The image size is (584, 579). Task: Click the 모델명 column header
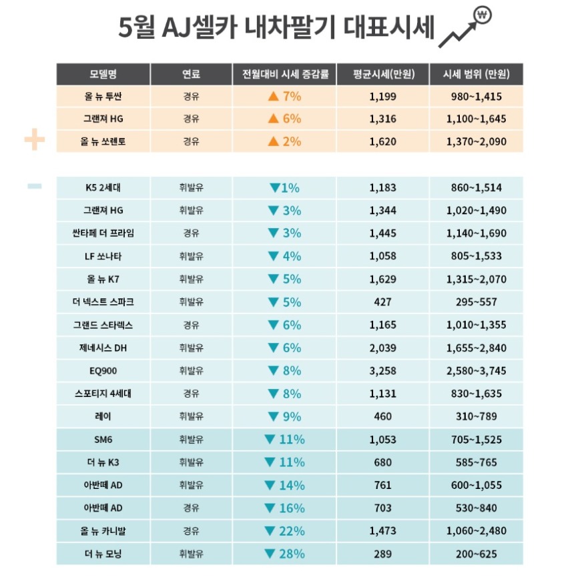pyautogui.click(x=103, y=74)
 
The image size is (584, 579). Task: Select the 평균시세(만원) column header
pyautogui.click(x=383, y=74)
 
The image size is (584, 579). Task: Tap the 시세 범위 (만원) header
pyautogui.click(x=476, y=74)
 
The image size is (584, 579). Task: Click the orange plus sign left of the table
pyautogui.click(x=34, y=140)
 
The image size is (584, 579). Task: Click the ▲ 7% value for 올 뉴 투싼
pyautogui.click(x=285, y=97)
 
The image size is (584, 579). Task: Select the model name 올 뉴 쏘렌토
pyautogui.click(x=103, y=142)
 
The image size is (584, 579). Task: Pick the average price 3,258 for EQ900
pyautogui.click(x=383, y=371)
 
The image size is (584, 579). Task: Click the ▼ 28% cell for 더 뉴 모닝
pyautogui.click(x=285, y=554)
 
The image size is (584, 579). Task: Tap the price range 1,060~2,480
pyautogui.click(x=476, y=531)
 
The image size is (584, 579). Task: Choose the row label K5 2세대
pyautogui.click(x=103, y=188)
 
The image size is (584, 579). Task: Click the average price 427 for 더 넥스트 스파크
pyautogui.click(x=383, y=302)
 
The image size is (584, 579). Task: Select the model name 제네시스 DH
pyautogui.click(x=103, y=348)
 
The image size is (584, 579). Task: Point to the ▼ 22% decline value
pyautogui.click(x=285, y=531)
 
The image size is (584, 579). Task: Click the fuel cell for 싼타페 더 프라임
pyautogui.click(x=192, y=233)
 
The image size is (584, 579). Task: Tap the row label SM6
pyautogui.click(x=103, y=440)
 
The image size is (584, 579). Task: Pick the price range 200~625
pyautogui.click(x=476, y=554)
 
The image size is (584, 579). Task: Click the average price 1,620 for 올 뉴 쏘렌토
pyautogui.click(x=383, y=142)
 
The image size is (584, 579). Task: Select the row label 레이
pyautogui.click(x=103, y=417)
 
